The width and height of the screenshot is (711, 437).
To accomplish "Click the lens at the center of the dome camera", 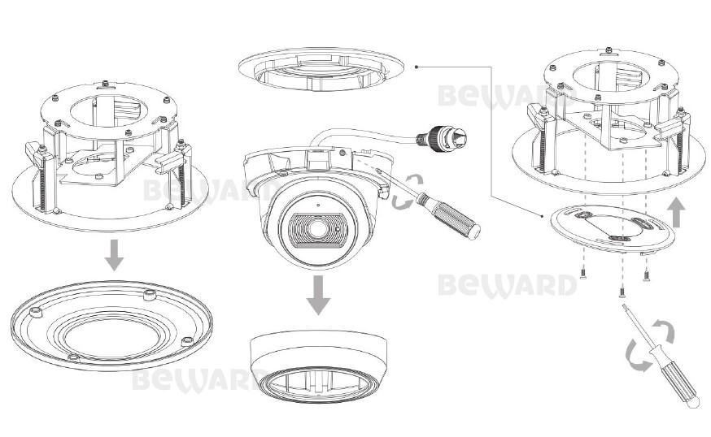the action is [x=317, y=230].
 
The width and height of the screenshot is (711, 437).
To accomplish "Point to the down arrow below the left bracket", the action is [x=114, y=255].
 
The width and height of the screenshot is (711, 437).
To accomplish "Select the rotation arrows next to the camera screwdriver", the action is [x=407, y=193].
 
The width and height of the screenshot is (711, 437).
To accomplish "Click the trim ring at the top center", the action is [x=321, y=68].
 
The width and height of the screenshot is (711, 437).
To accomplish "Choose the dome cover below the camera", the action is [x=319, y=368].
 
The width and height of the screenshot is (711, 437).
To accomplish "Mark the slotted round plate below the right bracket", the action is [x=612, y=229].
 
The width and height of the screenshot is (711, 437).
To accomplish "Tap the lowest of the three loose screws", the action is [x=622, y=292].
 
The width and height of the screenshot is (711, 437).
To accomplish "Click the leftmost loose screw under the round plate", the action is [x=583, y=274].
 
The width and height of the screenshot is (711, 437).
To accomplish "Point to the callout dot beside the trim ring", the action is [x=417, y=67].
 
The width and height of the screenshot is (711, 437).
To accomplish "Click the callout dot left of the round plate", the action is [x=543, y=216].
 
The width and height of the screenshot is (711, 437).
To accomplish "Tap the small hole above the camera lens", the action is [x=318, y=205].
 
